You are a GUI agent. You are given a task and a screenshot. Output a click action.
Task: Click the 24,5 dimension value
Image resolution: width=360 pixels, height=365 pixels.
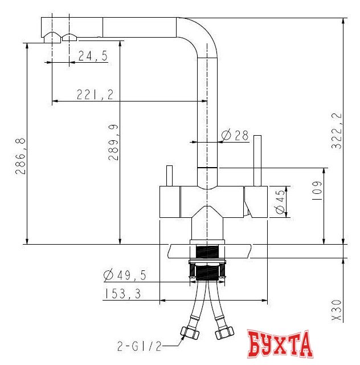click(x=93, y=56)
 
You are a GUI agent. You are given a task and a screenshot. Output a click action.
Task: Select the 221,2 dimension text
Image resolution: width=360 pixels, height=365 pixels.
click(x=95, y=95)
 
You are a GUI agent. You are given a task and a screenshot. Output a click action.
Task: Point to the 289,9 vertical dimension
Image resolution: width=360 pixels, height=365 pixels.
click(x=113, y=143)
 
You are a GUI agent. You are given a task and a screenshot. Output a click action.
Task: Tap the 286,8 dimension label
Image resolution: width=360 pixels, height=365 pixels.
click(x=21, y=156)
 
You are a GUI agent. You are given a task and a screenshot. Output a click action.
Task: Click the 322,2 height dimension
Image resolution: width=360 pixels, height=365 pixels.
click(x=337, y=131)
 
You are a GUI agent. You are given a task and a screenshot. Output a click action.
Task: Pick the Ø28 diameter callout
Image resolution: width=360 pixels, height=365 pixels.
click(x=235, y=135)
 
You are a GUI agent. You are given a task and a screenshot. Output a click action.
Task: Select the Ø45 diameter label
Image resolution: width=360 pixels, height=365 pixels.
click(x=280, y=201)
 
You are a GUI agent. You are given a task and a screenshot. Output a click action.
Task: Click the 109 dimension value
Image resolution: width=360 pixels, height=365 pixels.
click(x=317, y=192)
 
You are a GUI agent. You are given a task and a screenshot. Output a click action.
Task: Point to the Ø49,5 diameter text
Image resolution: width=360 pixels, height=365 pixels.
click(x=125, y=275)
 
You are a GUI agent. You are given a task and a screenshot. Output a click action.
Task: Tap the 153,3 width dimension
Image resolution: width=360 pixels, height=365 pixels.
click(x=123, y=294)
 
